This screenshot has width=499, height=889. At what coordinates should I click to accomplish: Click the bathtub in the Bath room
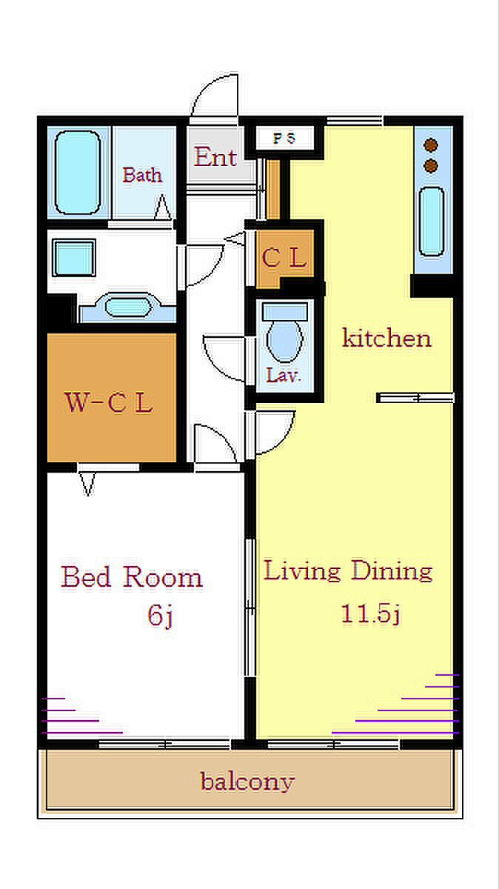tap(78, 173)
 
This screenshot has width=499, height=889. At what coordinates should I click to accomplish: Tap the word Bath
tap(142, 175)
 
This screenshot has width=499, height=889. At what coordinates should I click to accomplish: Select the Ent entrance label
tap(215, 156)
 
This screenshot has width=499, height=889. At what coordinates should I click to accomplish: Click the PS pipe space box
tap(284, 138)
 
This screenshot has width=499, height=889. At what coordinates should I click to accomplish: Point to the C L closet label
tap(284, 257)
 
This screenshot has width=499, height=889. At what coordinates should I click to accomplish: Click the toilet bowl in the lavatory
tap(285, 341)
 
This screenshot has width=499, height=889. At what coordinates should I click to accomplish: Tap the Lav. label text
tap(284, 375)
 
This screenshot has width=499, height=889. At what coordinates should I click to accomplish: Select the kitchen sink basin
tap(432, 222)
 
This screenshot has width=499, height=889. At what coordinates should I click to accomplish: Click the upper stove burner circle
tap(431, 146)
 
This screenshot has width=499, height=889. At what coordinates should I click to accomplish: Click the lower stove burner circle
tap(431, 166)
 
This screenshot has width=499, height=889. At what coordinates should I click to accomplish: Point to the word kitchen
tap(386, 338)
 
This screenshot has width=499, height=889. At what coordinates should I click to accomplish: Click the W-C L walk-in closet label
tap(108, 402)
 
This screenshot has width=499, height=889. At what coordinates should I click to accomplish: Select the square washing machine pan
tap(74, 258)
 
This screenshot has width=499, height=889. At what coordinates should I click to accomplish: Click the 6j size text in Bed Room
tap(160, 616)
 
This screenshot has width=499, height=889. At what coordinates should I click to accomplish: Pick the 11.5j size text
tap(370, 613)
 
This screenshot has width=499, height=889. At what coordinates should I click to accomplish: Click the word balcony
tap(247, 782)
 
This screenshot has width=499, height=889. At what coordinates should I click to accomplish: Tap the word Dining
tap(392, 570)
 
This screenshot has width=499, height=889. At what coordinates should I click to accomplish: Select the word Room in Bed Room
tap(163, 577)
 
